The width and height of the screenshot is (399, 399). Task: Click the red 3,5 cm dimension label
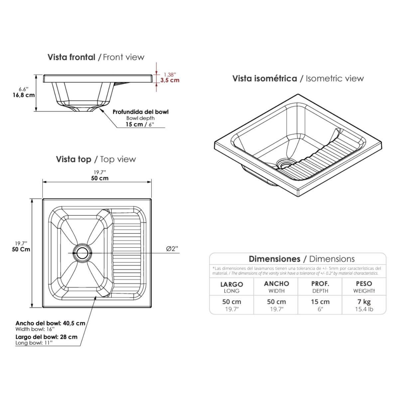click(x=170, y=80)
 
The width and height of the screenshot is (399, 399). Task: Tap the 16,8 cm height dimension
click(x=24, y=95)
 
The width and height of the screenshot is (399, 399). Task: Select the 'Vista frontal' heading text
click(x=71, y=57)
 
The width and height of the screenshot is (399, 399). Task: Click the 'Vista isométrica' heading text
click(x=265, y=78)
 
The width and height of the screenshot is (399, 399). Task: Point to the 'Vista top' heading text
click(x=73, y=159)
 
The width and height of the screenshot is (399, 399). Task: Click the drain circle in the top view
click(x=82, y=253)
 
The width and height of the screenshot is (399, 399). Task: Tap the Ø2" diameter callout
click(x=172, y=248)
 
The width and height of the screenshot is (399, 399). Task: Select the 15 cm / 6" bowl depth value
click(x=140, y=124)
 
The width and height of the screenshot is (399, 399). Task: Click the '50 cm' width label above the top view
click(x=100, y=178)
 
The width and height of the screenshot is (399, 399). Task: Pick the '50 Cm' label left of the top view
click(x=21, y=249)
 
